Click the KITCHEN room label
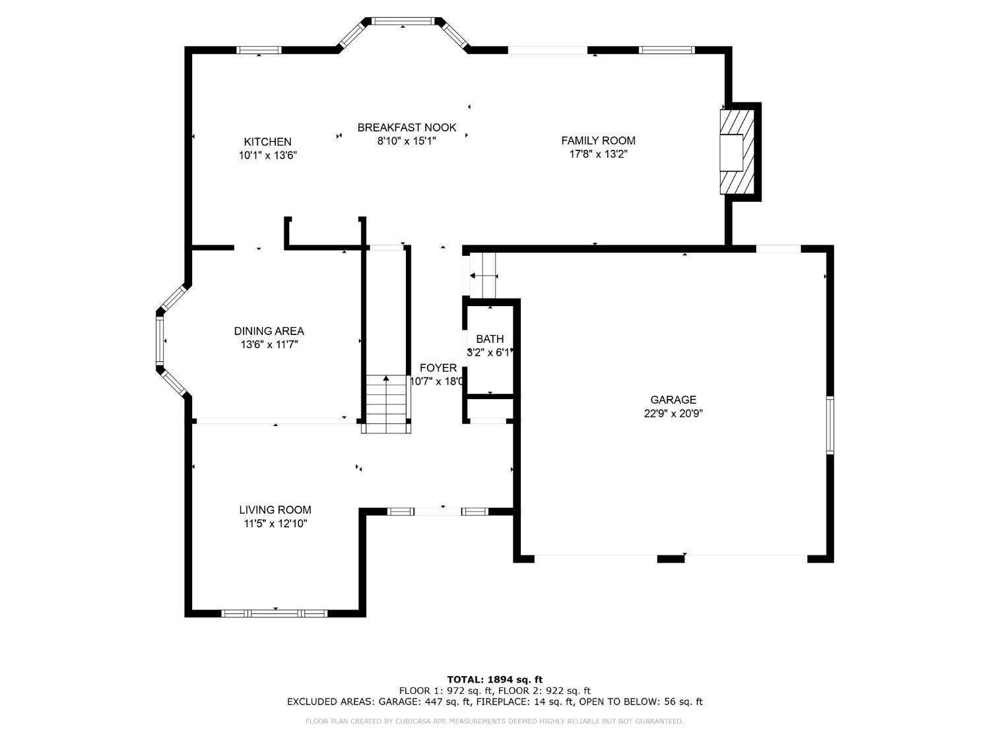[x=267, y=142]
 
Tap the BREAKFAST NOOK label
[x=407, y=127]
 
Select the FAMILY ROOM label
[x=598, y=140]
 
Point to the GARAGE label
[x=673, y=400]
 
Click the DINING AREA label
[x=269, y=331]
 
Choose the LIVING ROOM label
[x=275, y=510]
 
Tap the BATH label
[x=490, y=339]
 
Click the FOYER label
[x=438, y=367]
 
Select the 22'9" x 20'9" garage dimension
[x=673, y=414]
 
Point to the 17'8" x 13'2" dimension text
[x=598, y=154]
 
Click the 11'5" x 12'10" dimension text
[x=275, y=524]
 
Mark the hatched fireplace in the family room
[x=737, y=152]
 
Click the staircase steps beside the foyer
[x=385, y=404]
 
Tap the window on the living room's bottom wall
[x=274, y=613]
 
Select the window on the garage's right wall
[x=830, y=425]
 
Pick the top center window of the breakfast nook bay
[x=403, y=20]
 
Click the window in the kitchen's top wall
[x=259, y=50]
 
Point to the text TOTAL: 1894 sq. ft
[x=495, y=679]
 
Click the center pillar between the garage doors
[x=671, y=559]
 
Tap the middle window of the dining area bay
[x=160, y=340]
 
